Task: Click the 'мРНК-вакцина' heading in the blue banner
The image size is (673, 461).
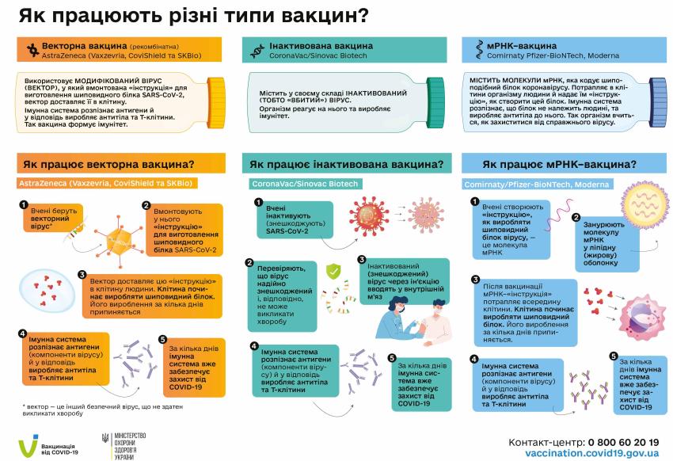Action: (x=508, y=45)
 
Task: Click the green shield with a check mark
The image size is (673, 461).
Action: (x=334, y=271)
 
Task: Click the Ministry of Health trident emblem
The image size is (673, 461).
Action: (x=107, y=440)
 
